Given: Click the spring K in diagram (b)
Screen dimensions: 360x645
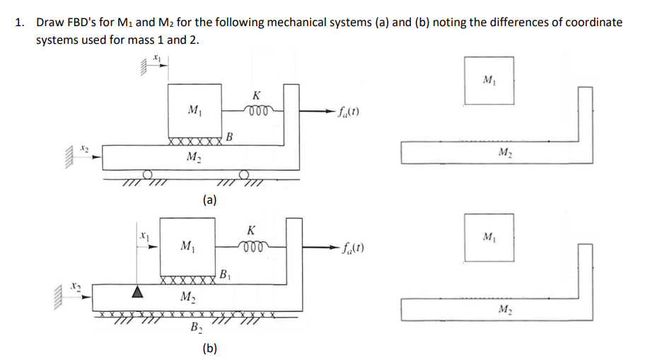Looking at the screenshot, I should [x=251, y=245].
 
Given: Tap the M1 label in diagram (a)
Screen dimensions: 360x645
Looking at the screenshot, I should [x=192, y=110].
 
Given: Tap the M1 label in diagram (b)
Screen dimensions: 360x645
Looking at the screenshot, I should [x=187, y=246].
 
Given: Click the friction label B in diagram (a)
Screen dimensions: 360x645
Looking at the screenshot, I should [x=231, y=136].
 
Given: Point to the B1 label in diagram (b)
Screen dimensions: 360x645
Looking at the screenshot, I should [x=223, y=274].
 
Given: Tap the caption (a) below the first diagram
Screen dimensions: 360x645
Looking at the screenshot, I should [x=209, y=200].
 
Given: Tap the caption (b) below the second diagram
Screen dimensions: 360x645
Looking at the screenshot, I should [x=209, y=347].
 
